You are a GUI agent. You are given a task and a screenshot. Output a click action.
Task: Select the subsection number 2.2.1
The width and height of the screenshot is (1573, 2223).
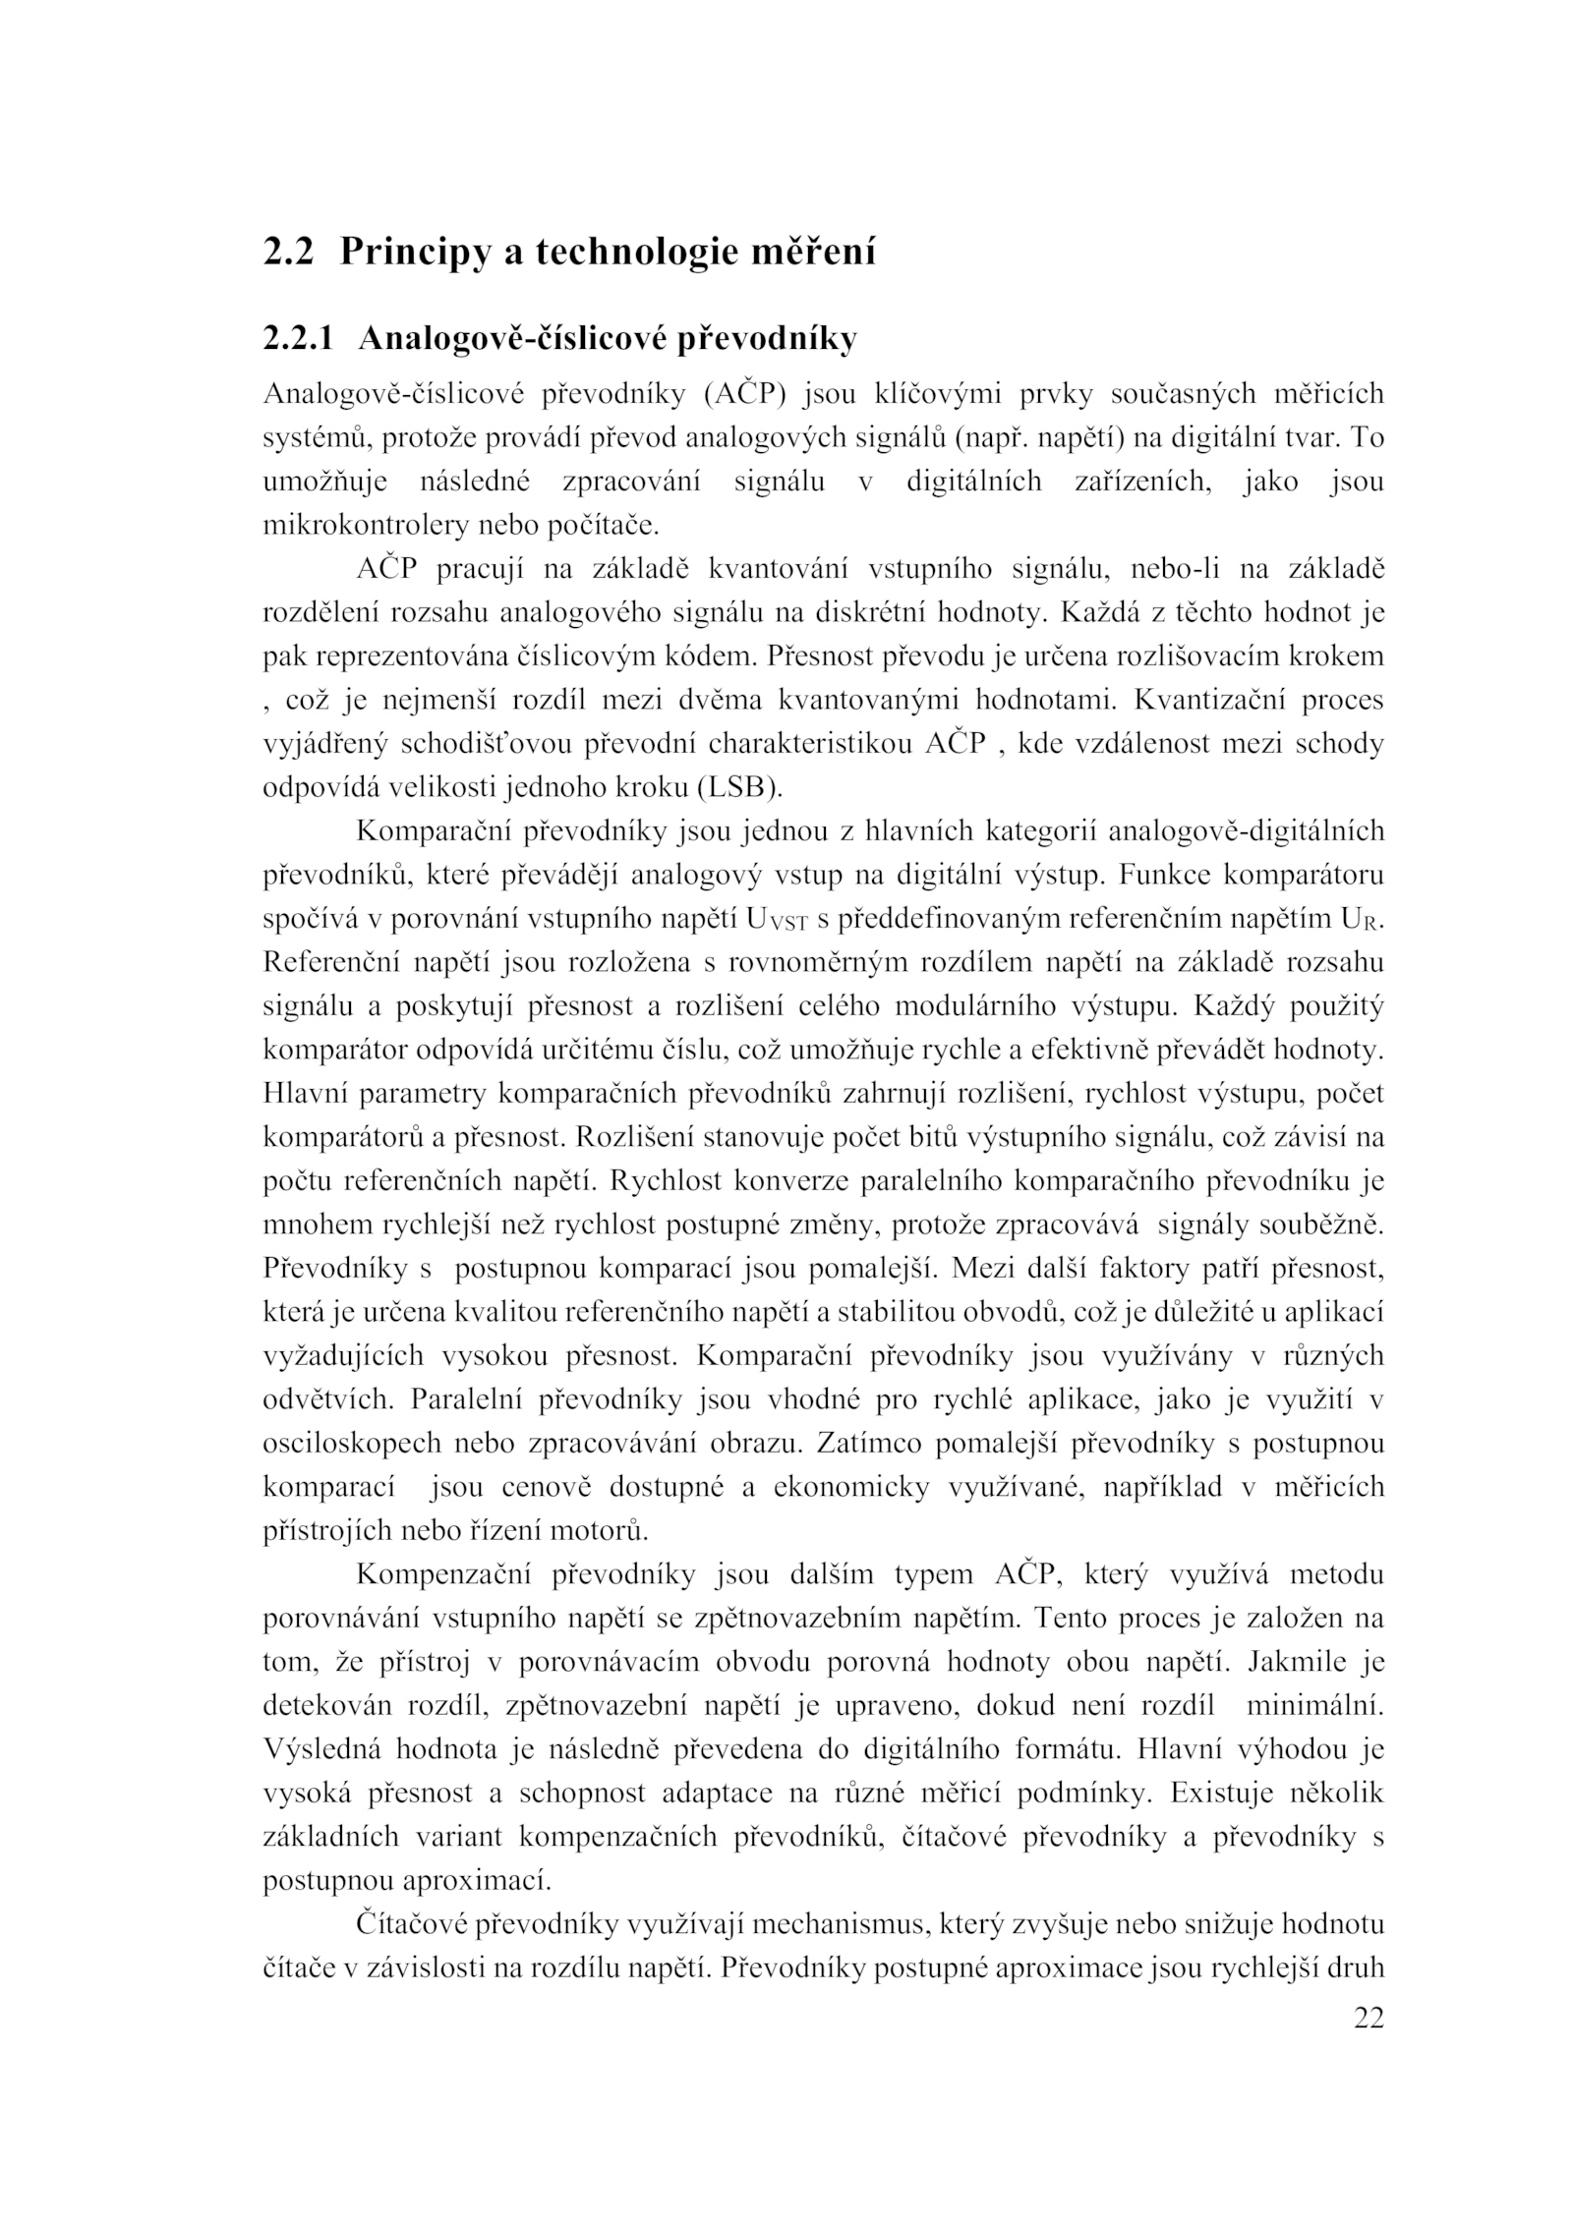298,338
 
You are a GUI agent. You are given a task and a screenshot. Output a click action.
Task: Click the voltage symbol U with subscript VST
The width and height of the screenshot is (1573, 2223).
777,920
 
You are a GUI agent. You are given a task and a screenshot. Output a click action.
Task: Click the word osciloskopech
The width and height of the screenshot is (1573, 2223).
350,1444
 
